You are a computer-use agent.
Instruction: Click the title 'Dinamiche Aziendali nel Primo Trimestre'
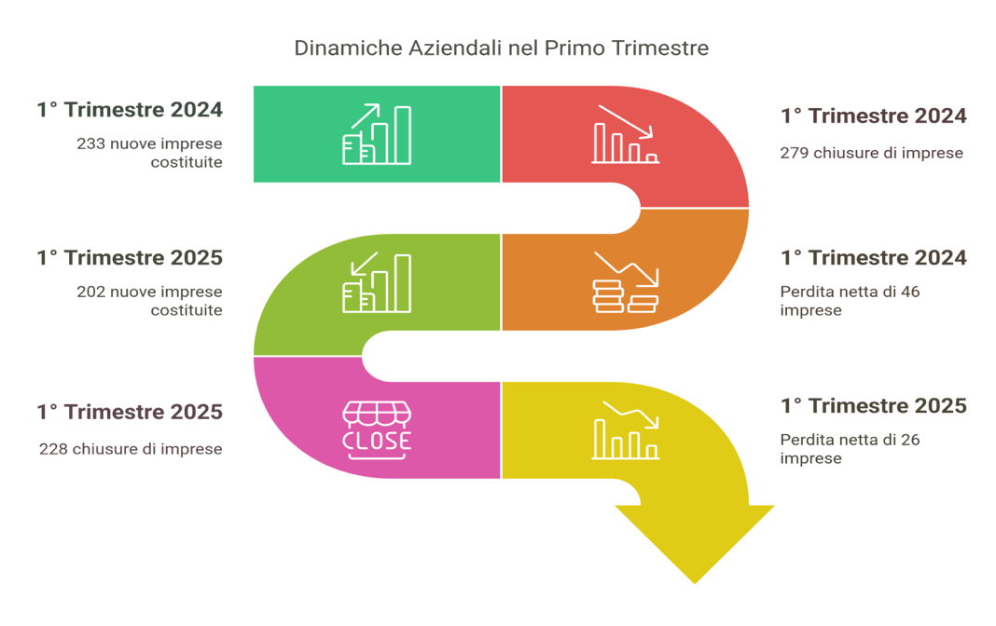click(x=501, y=48)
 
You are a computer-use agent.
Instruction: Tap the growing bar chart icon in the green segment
click(x=377, y=134)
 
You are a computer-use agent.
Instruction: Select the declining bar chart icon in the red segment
click(x=626, y=134)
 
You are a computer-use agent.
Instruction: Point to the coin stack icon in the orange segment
click(x=626, y=283)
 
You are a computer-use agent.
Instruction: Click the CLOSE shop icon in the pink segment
click(x=377, y=430)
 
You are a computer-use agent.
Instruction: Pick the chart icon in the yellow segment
click(x=626, y=430)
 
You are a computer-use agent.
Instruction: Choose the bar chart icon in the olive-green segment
click(x=377, y=283)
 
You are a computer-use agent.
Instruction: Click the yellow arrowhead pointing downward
click(x=694, y=543)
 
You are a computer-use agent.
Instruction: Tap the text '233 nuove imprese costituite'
click(x=149, y=153)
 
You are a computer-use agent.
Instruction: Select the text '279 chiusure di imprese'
click(x=871, y=153)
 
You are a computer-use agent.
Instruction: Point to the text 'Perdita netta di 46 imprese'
click(x=850, y=301)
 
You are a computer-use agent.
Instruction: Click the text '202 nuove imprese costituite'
click(x=149, y=301)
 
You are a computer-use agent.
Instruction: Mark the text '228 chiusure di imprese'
click(x=131, y=449)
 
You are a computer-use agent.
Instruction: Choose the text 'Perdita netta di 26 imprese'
click(x=850, y=448)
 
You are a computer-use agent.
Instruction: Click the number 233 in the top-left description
click(x=90, y=144)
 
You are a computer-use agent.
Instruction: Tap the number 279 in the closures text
click(x=795, y=153)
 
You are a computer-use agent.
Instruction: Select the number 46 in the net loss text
click(x=910, y=292)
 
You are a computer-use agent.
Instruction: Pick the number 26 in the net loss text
click(x=910, y=440)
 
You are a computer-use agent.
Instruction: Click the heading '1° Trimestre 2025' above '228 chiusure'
click(x=130, y=412)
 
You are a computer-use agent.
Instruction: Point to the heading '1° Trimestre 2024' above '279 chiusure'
click(x=874, y=116)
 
